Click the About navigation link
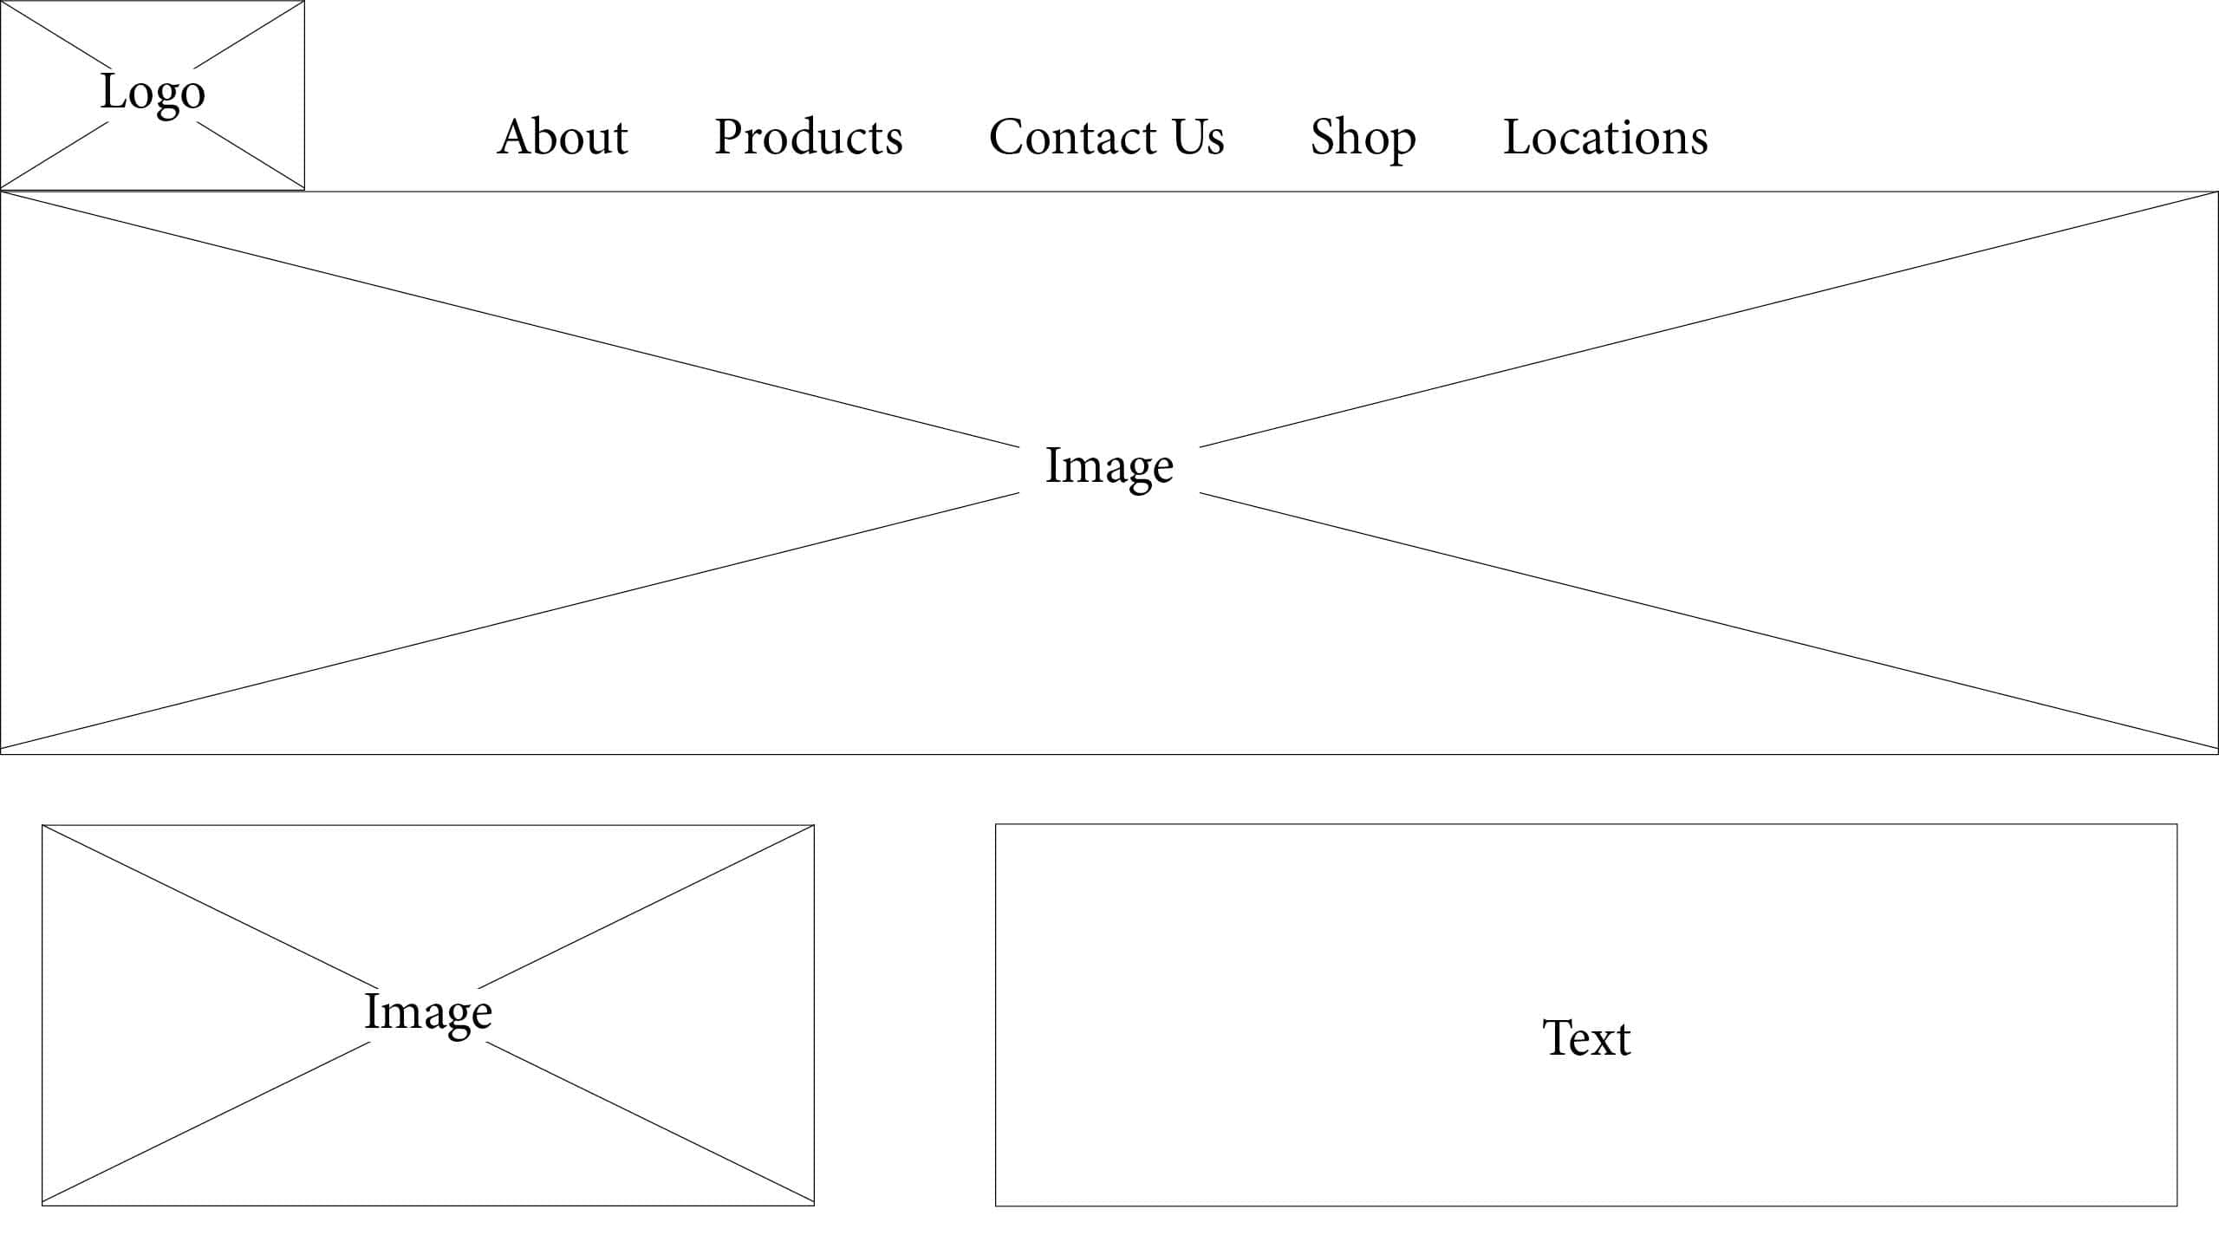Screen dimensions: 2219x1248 [x=562, y=137]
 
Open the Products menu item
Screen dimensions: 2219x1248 [x=809, y=137]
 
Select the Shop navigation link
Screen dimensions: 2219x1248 [x=1363, y=139]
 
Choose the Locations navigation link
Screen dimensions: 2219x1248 [x=1605, y=137]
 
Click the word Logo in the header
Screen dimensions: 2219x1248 [x=153, y=94]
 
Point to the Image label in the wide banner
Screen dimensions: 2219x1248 [x=1109, y=468]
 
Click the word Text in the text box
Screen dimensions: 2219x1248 [x=1586, y=1037]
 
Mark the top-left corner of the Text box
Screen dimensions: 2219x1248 [x=995, y=824]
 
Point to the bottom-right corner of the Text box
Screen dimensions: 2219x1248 [x=2177, y=1206]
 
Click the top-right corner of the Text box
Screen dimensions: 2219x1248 [x=2177, y=824]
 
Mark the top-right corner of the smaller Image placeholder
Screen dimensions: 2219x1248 [x=814, y=825]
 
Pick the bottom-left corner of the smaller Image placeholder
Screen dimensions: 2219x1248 [x=42, y=1205]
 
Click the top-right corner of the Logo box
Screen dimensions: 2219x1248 [x=304, y=1]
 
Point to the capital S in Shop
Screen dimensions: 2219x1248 [x=1324, y=137]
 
